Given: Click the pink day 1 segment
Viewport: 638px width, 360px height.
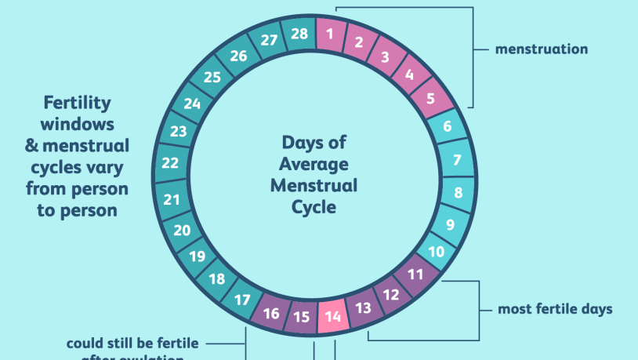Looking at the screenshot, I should coord(330,34).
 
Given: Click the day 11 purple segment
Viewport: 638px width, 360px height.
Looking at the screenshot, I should coord(415,275).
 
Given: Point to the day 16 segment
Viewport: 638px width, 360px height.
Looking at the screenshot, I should coord(271,314).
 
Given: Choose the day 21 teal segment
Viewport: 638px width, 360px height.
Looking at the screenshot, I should coord(172,199).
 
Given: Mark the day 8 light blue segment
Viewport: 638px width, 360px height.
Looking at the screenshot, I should coord(457,193).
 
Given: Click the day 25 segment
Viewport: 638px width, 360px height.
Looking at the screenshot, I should coord(212,77).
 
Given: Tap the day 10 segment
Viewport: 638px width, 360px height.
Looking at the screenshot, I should coord(437,252).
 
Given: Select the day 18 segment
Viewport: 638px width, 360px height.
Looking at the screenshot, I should coord(216,279).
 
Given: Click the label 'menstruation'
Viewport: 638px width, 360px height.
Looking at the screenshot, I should coord(541,49).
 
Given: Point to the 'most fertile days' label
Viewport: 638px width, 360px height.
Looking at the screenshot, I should coord(555,309).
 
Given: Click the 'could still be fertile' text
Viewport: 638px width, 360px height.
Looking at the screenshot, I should coord(132,343).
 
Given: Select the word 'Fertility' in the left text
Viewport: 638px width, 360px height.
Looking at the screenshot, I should coord(77,103).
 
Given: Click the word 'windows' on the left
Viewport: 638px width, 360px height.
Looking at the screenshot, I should coord(77,124).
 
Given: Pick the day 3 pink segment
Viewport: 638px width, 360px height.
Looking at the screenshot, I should coord(385,56).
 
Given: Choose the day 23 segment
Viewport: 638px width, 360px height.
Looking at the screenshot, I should coord(179,132).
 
